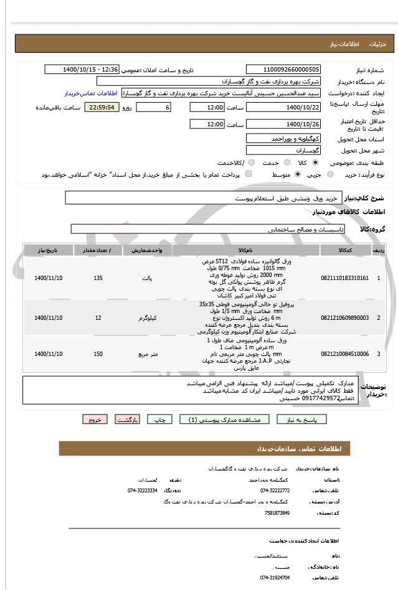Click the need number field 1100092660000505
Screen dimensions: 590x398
[x=283, y=70]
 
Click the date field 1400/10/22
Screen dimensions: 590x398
[x=283, y=107]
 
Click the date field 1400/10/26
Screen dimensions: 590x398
[x=283, y=124]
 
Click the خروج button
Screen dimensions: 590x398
[x=94, y=419]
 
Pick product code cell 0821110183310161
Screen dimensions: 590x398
[x=344, y=278]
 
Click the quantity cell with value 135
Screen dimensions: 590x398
[x=98, y=278]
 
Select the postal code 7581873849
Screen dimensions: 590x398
[x=277, y=512]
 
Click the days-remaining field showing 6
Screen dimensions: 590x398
[x=153, y=107]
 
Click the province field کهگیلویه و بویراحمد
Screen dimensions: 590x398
[x=283, y=138]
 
